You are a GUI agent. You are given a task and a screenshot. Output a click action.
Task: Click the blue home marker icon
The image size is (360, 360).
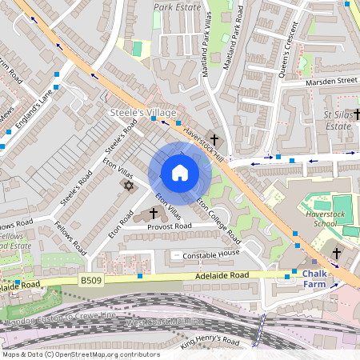[180, 173]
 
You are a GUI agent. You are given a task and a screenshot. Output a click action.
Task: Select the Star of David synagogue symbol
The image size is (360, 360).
[127, 186]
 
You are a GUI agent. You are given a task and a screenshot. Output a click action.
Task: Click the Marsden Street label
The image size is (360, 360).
[331, 81]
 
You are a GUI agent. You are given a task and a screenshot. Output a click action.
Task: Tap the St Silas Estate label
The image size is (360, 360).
[338, 120]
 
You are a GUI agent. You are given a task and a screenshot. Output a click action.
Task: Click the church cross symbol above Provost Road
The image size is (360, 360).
[153, 214]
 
